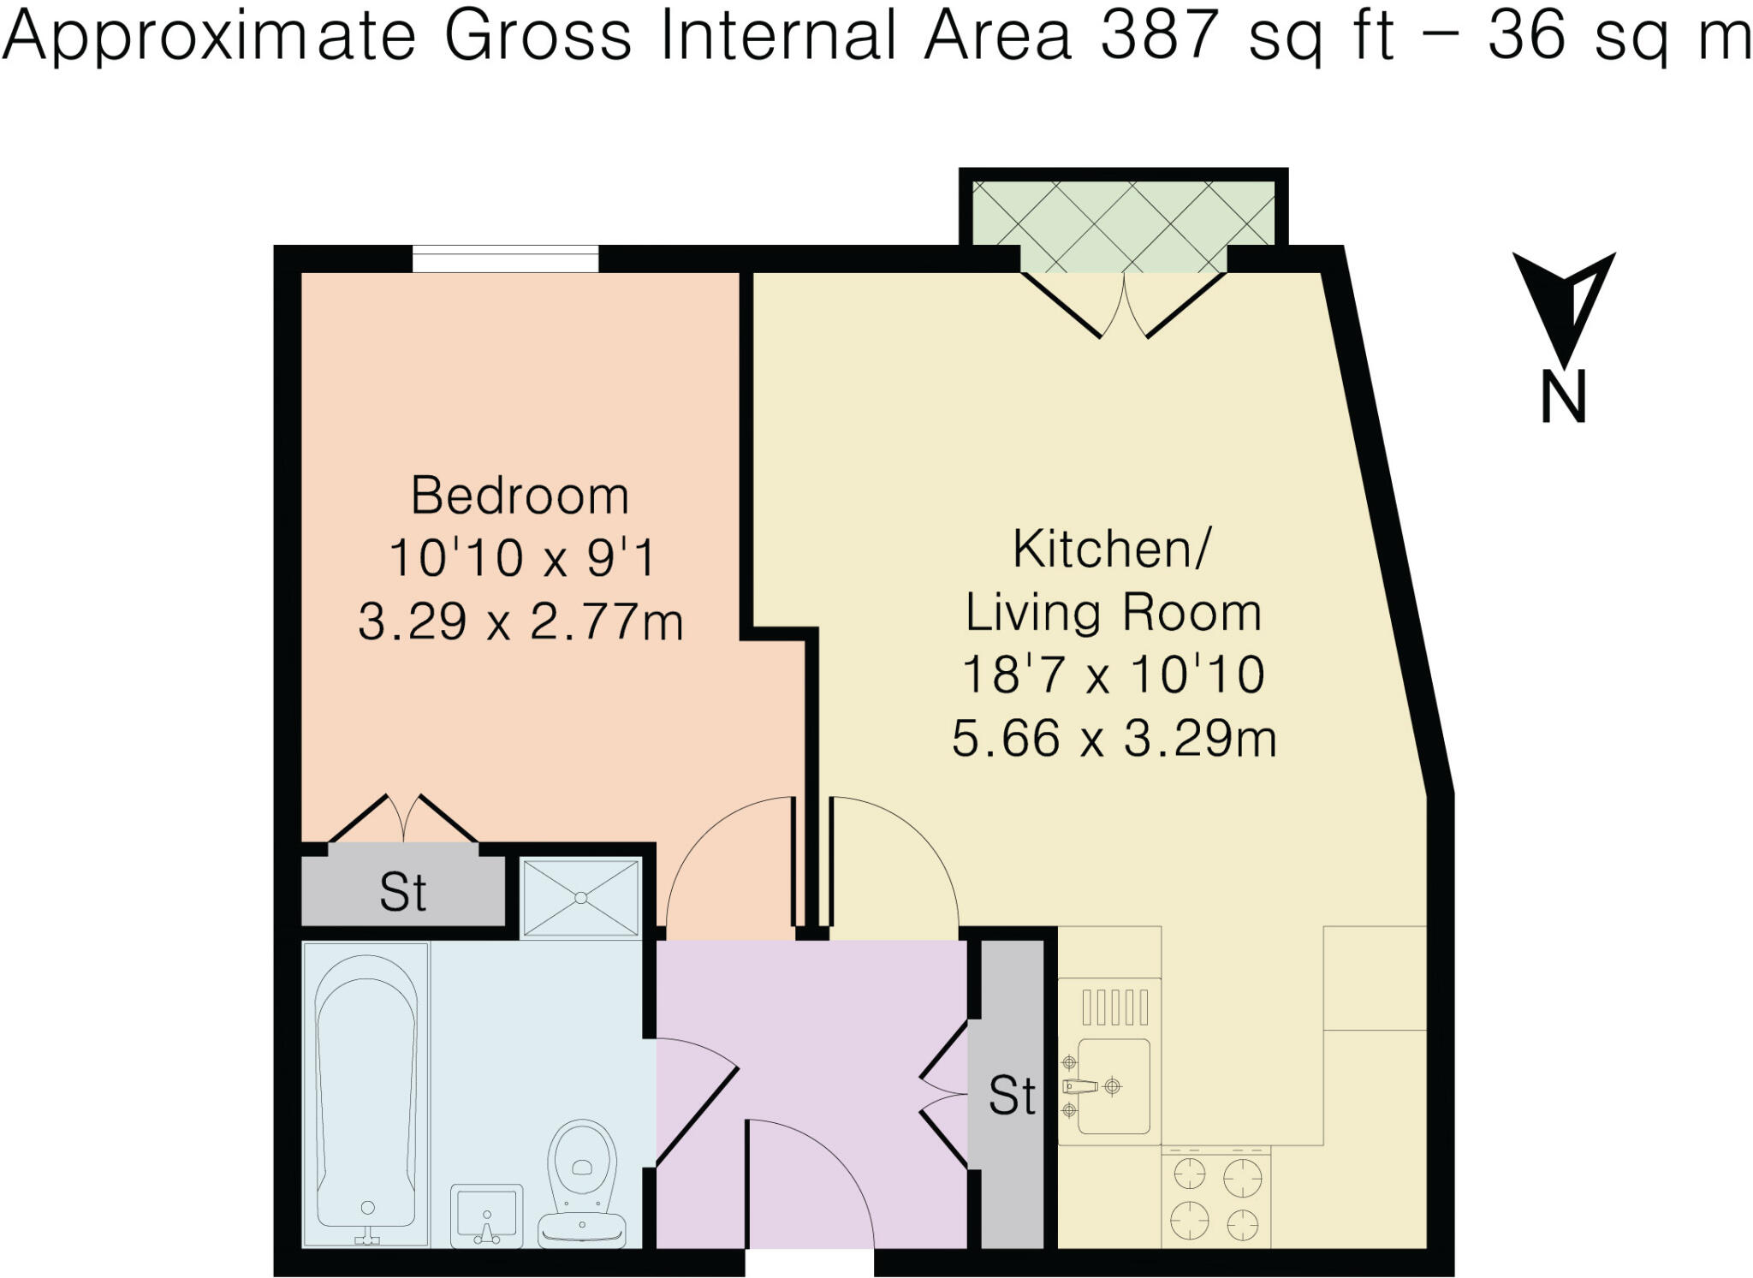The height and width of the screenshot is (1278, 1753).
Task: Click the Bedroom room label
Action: (x=520, y=496)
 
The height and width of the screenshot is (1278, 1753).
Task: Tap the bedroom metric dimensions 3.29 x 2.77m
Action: (x=520, y=622)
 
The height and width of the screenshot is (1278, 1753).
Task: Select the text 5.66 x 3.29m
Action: (x=1114, y=739)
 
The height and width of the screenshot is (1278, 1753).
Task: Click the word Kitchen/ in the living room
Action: (x=1112, y=549)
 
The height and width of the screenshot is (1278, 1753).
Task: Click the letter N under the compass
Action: (x=1564, y=397)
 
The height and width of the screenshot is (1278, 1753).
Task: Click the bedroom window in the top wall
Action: (x=505, y=259)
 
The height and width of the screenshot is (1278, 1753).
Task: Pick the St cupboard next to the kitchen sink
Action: (x=1012, y=1096)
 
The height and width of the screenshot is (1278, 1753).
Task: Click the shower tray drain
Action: (x=581, y=898)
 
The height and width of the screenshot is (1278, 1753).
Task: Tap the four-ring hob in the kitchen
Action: (x=1215, y=1198)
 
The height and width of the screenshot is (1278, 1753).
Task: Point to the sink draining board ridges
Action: (x=1114, y=1007)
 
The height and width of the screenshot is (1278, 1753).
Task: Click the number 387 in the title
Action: (x=1159, y=36)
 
